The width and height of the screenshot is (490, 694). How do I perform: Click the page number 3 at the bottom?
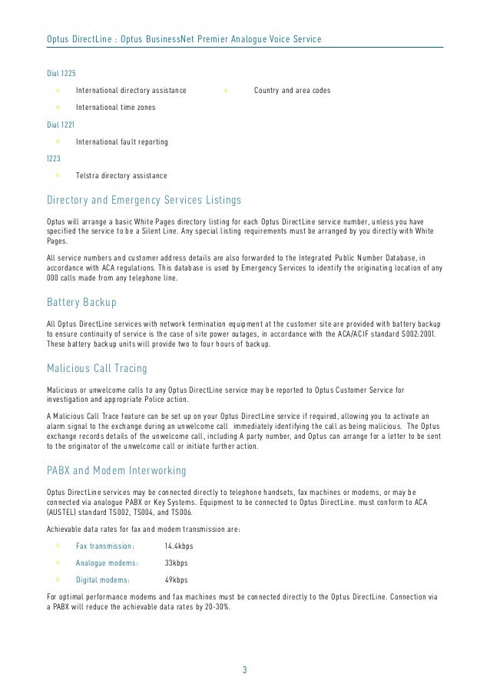click(x=244, y=669)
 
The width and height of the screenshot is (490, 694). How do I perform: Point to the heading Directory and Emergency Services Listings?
click(x=144, y=201)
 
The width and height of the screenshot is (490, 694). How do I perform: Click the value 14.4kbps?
click(x=179, y=546)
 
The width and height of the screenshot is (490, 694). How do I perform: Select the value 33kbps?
click(x=176, y=563)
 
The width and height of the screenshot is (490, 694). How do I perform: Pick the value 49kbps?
click(x=176, y=580)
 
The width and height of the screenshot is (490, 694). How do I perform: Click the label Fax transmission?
click(x=105, y=546)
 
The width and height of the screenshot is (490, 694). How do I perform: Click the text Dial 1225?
click(x=61, y=73)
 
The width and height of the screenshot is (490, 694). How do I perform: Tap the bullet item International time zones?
click(x=115, y=108)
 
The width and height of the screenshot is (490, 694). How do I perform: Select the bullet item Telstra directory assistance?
click(x=121, y=177)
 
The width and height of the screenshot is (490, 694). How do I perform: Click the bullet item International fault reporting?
click(x=122, y=142)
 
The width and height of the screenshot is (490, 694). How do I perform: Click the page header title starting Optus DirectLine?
click(x=184, y=38)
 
